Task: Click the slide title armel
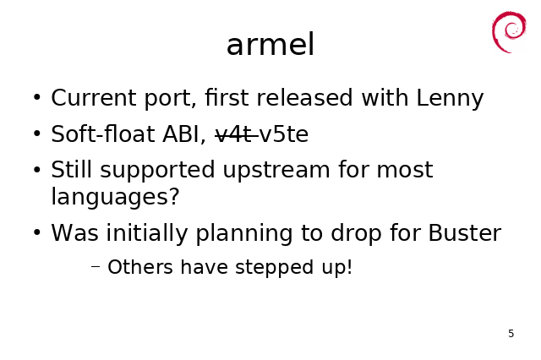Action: point(270,44)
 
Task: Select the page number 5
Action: point(511,334)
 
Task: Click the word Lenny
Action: point(450,98)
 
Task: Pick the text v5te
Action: point(284,134)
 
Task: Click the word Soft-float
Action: point(103,134)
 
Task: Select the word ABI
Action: point(184,134)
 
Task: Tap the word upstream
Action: point(276,170)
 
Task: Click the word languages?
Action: point(115,197)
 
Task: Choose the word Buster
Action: point(464,232)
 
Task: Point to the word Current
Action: point(93,97)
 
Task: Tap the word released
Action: point(304,97)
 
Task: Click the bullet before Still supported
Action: point(37,170)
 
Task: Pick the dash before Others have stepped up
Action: point(96,266)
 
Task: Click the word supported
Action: point(157,170)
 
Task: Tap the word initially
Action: point(146,234)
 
